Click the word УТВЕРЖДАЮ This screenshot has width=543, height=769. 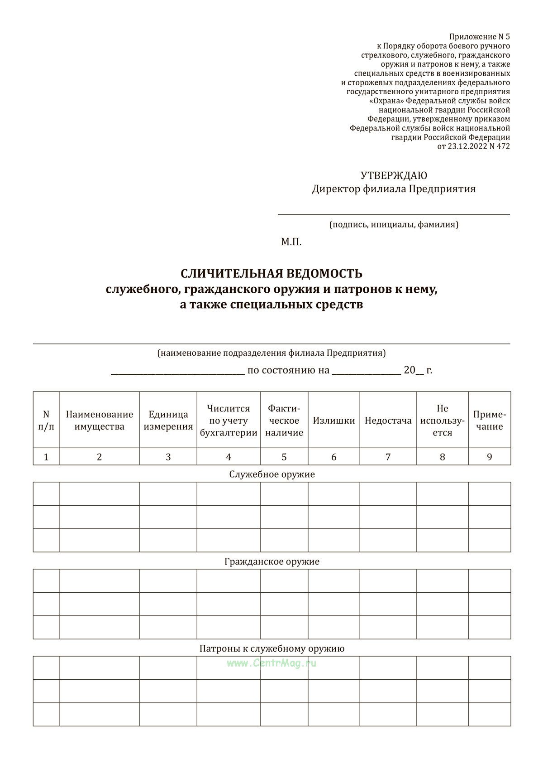pyautogui.click(x=394, y=175)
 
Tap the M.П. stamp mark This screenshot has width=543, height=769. pyautogui.click(x=291, y=242)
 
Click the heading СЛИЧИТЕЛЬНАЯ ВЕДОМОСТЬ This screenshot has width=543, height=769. pyautogui.click(x=271, y=274)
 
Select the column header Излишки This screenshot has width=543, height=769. pyautogui.click(x=334, y=421)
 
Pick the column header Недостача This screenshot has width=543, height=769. pyautogui.click(x=388, y=421)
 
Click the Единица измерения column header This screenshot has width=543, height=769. pyautogui.click(x=168, y=421)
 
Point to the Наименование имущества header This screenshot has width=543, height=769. pyautogui.click(x=100, y=421)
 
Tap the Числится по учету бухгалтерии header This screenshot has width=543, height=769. pyautogui.click(x=229, y=421)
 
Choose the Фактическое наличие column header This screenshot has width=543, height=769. pyautogui.click(x=284, y=421)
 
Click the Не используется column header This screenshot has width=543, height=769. pyautogui.click(x=443, y=421)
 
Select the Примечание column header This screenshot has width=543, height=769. pyautogui.click(x=490, y=421)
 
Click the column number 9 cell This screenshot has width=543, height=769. pyautogui.click(x=490, y=457)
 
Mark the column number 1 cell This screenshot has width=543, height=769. pyautogui.click(x=46, y=457)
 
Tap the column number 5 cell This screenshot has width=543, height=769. pyautogui.click(x=284, y=457)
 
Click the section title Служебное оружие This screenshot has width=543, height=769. pyautogui.click(x=272, y=474)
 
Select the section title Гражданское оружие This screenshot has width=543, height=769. pyautogui.click(x=272, y=561)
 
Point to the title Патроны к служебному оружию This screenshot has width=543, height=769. pyautogui.click(x=272, y=648)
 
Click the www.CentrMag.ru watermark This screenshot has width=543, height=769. pyautogui.click(x=271, y=663)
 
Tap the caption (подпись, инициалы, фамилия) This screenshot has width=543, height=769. pyautogui.click(x=394, y=224)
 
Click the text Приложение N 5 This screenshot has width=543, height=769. pyautogui.click(x=479, y=37)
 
